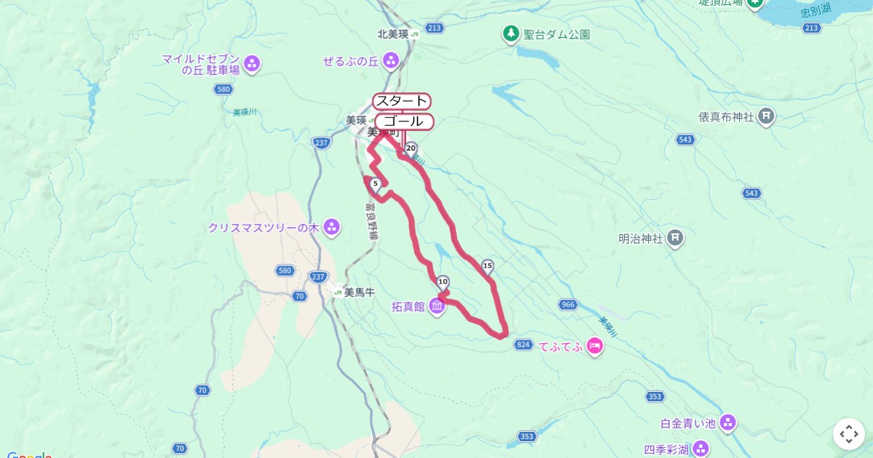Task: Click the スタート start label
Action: coord(402,100)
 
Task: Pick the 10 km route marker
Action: coord(442,282)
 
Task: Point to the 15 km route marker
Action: coord(487,266)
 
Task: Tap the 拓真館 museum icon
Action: coord(437,307)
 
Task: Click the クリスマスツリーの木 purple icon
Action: coord(332,228)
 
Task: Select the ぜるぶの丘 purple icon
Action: coord(391,60)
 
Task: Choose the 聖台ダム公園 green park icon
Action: coord(511,33)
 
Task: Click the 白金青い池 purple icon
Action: coord(727,422)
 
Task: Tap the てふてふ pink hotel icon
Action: coord(595,347)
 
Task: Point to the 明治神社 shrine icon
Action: coord(676,238)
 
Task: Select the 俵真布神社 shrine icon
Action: coord(766,116)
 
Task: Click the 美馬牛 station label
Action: coord(359,292)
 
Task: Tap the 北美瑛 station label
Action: coord(393,33)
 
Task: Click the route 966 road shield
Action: coord(568,304)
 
